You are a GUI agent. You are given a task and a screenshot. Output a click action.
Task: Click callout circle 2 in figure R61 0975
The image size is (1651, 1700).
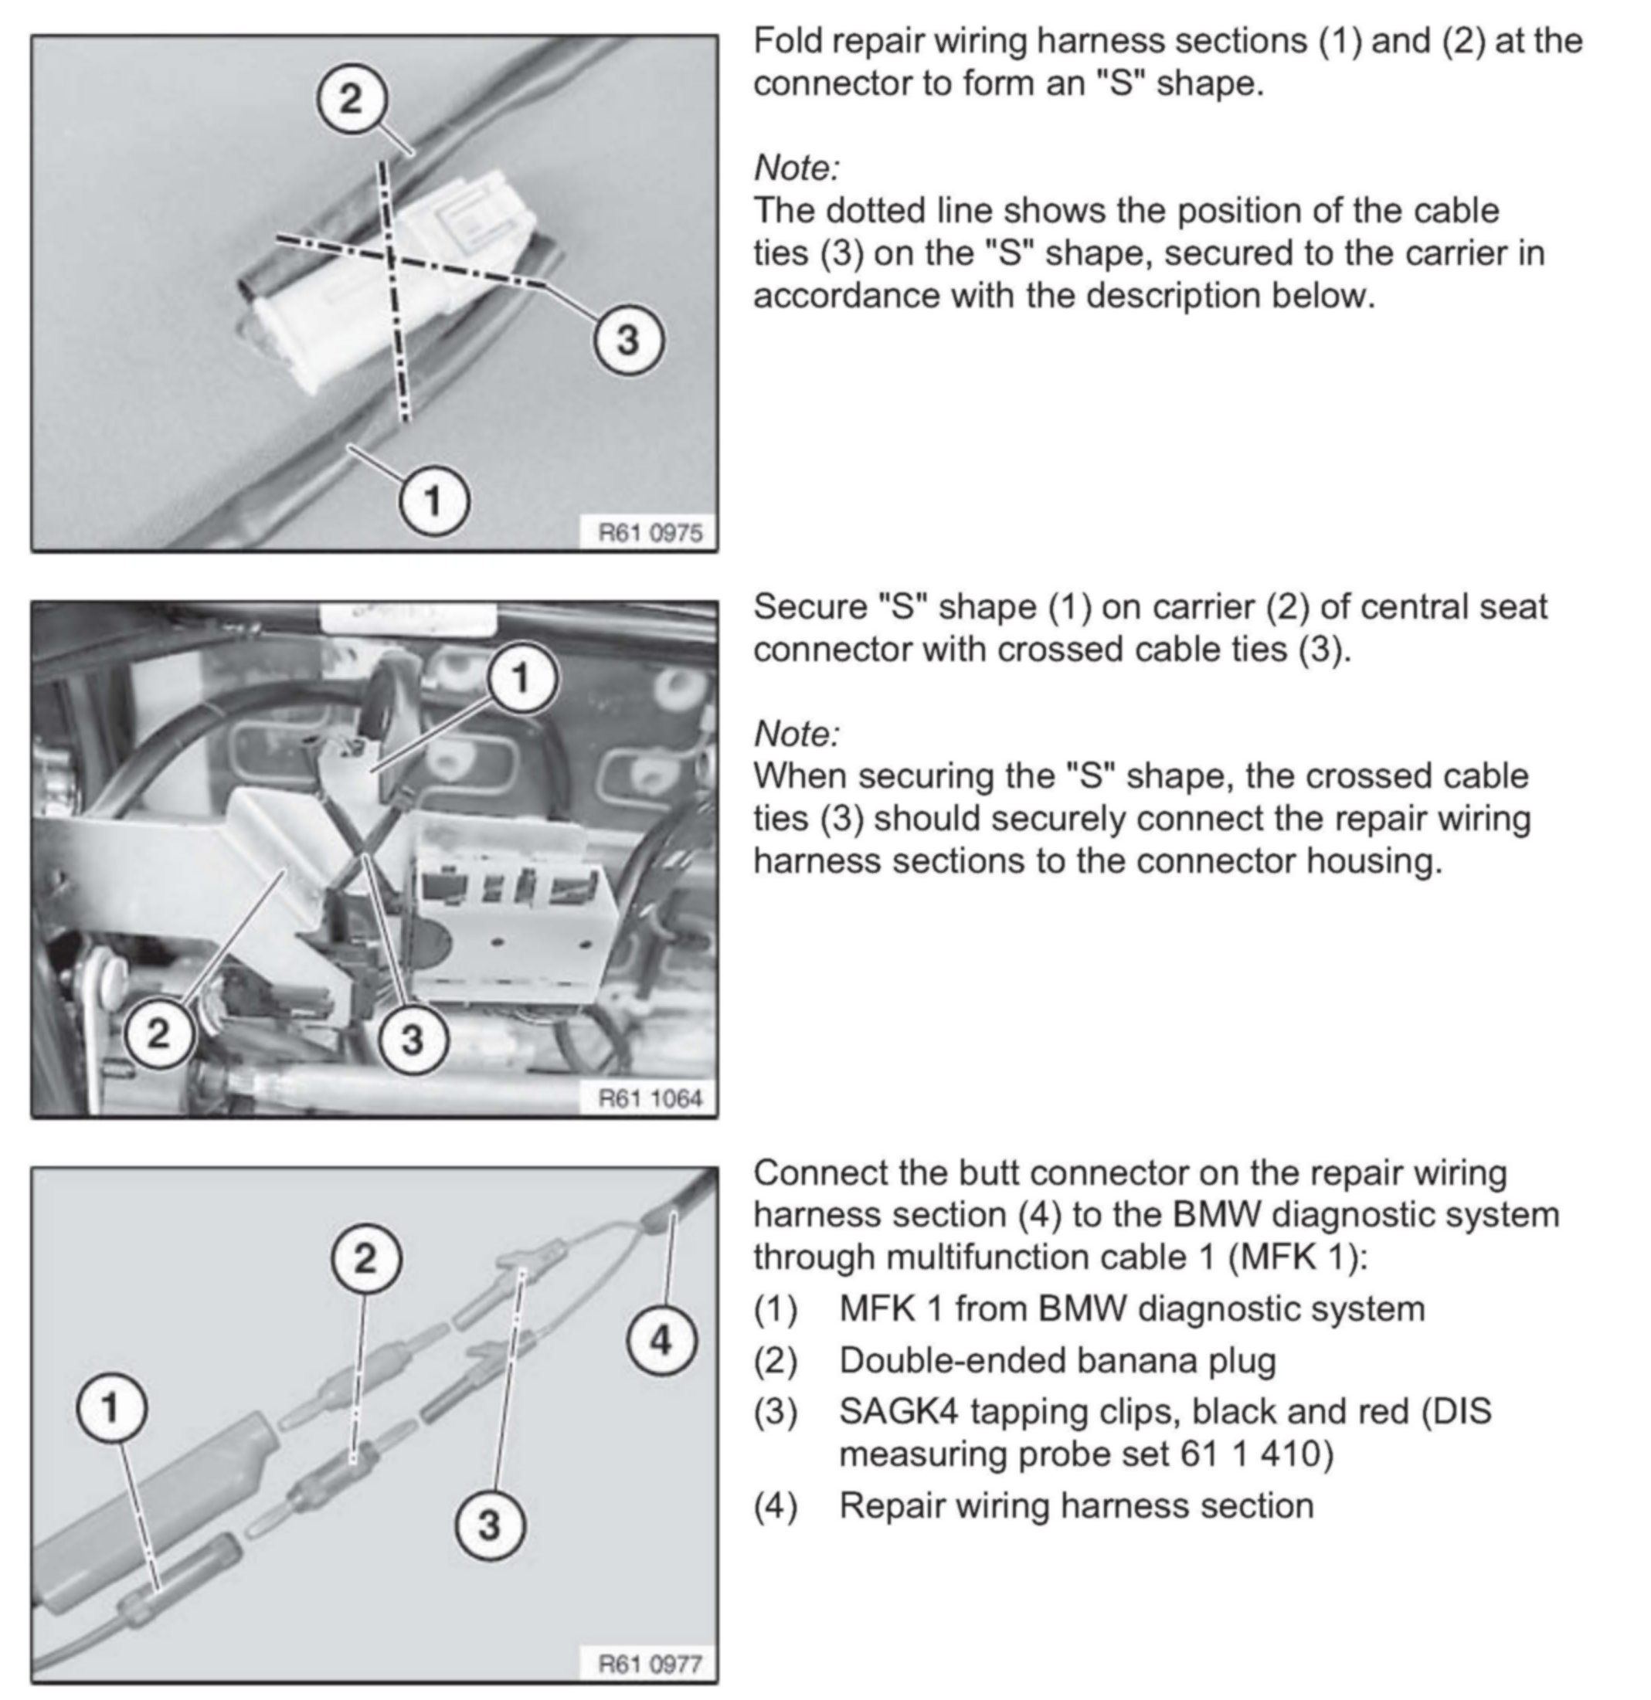coord(351,98)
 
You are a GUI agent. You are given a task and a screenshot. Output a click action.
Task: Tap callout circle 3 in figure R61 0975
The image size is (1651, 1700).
coord(628,339)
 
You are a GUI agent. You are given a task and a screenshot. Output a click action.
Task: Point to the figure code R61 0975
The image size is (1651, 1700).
coord(650,531)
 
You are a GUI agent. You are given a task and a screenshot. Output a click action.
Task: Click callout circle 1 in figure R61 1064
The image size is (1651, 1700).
coord(521,677)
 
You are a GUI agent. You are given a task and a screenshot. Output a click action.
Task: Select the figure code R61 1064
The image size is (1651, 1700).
coord(650,1098)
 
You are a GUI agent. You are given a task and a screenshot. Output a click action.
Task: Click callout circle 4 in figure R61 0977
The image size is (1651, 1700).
coord(661,1340)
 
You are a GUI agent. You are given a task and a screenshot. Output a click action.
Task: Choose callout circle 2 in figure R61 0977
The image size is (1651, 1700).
coord(365,1257)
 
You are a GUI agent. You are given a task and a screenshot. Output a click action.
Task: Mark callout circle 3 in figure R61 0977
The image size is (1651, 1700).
coord(489,1524)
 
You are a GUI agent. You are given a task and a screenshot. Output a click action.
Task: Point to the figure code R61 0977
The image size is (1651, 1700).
coord(650,1664)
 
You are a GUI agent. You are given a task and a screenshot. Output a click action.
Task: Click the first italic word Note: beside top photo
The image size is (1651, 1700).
coord(797,168)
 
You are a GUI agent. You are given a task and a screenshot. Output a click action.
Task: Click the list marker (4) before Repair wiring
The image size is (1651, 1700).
coord(775,1505)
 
